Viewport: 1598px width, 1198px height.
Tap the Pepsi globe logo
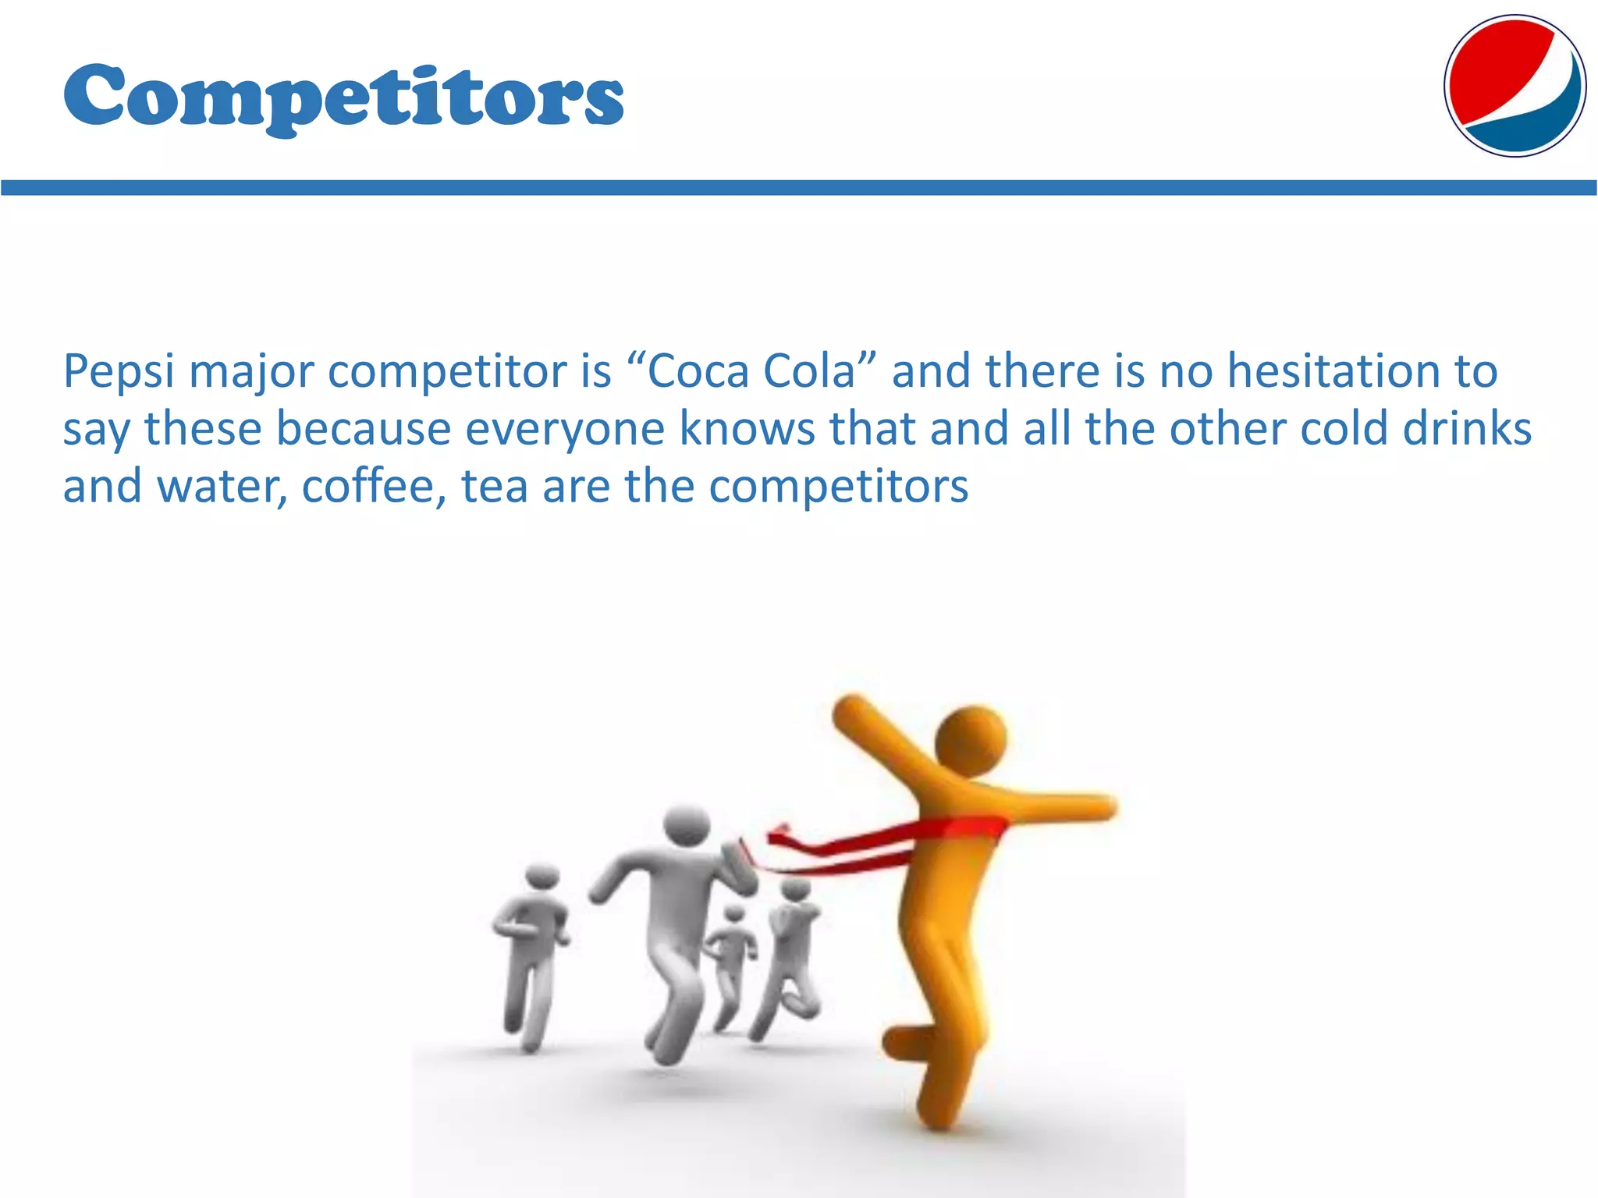pyautogui.click(x=1515, y=86)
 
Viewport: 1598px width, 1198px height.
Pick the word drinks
pyautogui.click(x=1467, y=429)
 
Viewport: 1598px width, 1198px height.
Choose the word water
pyautogui.click(x=222, y=487)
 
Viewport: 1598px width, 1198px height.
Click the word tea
pyautogui.click(x=494, y=487)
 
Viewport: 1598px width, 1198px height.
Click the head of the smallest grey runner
pyautogui.click(x=734, y=914)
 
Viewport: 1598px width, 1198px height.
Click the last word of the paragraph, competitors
pyautogui.click(x=839, y=487)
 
